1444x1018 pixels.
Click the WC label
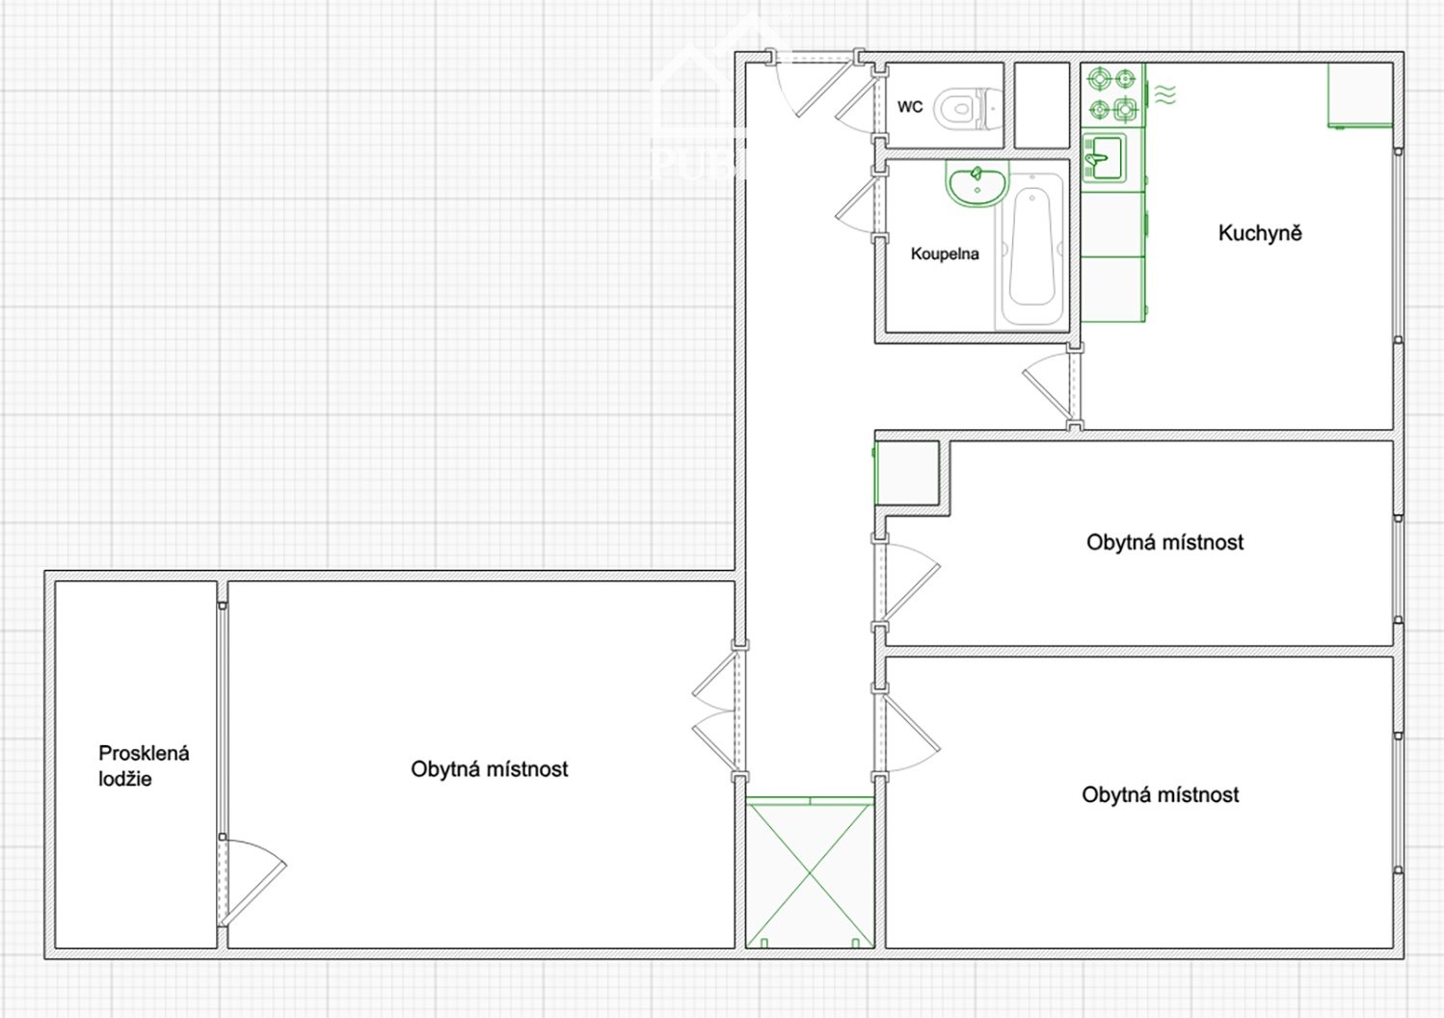point(910,107)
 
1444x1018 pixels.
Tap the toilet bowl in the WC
point(967,108)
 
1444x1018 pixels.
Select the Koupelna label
point(945,254)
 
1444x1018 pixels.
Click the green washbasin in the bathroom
point(976,183)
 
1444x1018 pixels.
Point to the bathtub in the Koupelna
point(1031,252)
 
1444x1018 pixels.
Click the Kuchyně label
point(1260,232)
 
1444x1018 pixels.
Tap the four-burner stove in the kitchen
point(1112,94)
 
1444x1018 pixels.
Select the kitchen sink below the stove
point(1104,157)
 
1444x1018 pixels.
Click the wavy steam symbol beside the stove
point(1164,94)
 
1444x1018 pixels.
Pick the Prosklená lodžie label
point(144,766)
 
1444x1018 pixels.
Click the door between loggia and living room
point(252,882)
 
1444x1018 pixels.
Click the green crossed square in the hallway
point(810,873)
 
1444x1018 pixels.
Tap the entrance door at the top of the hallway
point(815,84)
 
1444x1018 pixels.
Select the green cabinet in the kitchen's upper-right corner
point(1360,94)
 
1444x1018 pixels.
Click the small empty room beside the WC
point(1042,105)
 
